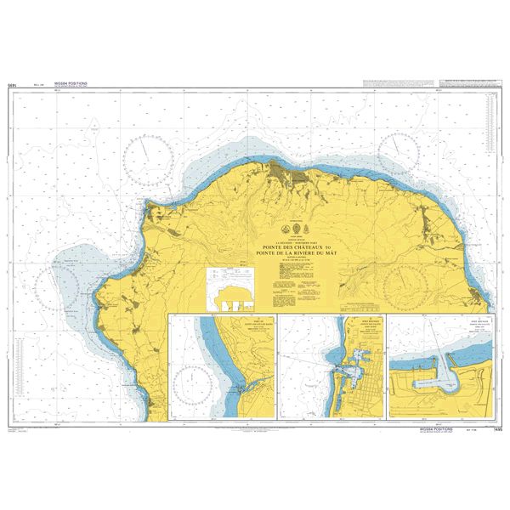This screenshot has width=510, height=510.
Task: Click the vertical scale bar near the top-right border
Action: click(x=489, y=127)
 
